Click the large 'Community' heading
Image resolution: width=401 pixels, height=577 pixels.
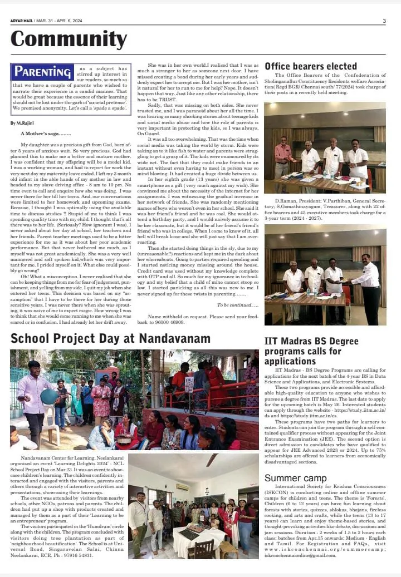[x=69, y=39]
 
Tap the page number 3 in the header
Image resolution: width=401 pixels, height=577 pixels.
[x=384, y=21]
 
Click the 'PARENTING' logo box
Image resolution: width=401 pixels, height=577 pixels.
[x=43, y=72]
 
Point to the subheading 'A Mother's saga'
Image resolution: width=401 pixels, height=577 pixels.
[x=46, y=134]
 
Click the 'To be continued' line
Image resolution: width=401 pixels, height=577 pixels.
[x=237, y=305]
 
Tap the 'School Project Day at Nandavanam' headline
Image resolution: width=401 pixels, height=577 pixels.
[x=110, y=338]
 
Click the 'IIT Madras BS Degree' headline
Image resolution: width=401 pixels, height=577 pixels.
[x=311, y=341]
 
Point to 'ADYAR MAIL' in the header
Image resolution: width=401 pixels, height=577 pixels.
[x=21, y=21]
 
